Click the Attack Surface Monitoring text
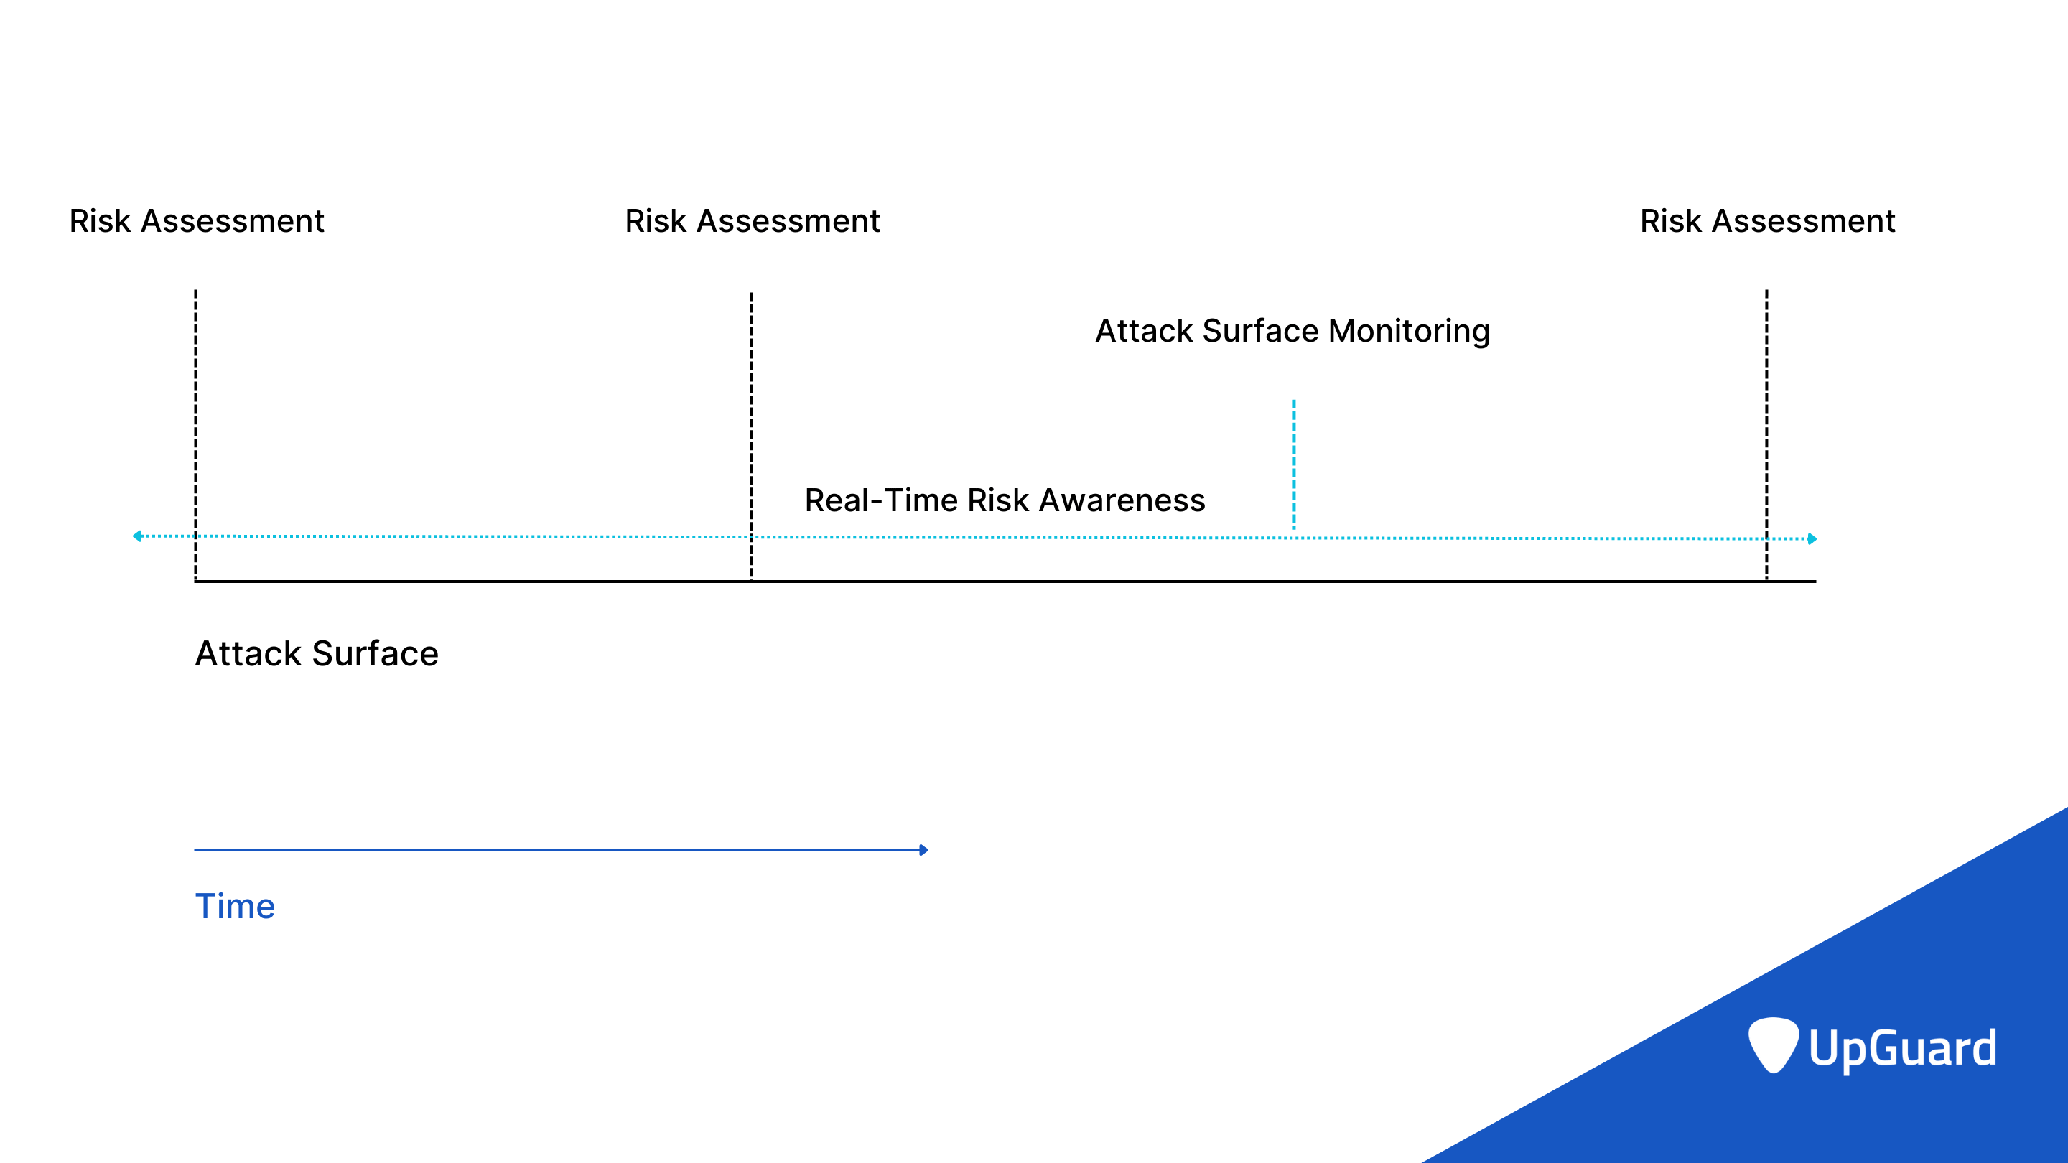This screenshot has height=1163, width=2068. coord(1292,331)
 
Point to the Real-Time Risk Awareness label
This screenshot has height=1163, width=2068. coord(1005,500)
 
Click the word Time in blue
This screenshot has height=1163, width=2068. coord(236,906)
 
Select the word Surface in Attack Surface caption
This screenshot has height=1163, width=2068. coord(376,653)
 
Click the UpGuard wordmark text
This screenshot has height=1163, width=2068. coord(1903,1048)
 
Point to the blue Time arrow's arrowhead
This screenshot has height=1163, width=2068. coord(924,850)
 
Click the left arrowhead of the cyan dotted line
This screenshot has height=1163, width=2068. coord(137,536)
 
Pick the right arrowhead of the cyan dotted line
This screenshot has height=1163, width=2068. coord(1812,538)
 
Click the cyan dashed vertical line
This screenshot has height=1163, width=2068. coord(1294,463)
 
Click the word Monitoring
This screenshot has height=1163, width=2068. coord(1409,331)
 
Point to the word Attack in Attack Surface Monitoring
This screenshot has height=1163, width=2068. coord(1145,331)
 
